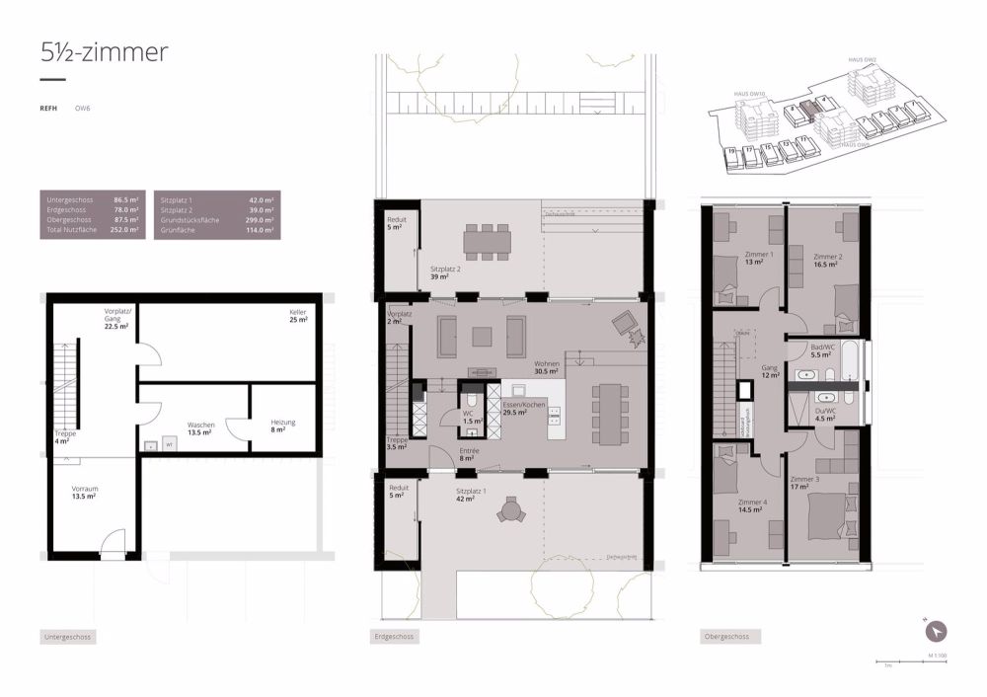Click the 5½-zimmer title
[105, 53]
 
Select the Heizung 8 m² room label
[278, 426]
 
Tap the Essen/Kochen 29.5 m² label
[523, 409]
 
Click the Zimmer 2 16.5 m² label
[827, 261]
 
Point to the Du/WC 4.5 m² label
[823, 415]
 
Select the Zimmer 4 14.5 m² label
[752, 505]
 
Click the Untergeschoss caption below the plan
[68, 638]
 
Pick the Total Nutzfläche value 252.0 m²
[125, 230]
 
